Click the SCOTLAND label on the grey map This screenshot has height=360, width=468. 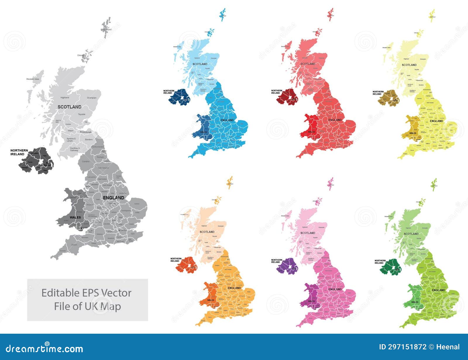pyautogui.click(x=69, y=107)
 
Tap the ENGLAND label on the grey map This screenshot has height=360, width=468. pyautogui.click(x=113, y=198)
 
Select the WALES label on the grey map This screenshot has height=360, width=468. pyautogui.click(x=75, y=217)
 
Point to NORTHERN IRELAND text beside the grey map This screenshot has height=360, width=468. pyautogui.click(x=19, y=152)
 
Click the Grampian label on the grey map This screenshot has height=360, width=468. pyautogui.click(x=92, y=98)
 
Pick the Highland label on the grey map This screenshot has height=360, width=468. pyautogui.click(x=65, y=98)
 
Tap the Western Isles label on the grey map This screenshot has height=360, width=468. pyautogui.click(x=32, y=79)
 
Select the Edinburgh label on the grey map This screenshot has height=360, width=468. pyautogui.click(x=86, y=132)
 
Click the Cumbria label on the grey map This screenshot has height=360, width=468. pyautogui.click(x=86, y=162)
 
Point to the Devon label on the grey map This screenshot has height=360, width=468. pyautogui.click(x=74, y=245)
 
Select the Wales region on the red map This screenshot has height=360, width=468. pyautogui.click(x=311, y=126)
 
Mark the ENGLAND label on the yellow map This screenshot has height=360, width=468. pyautogui.click(x=436, y=121)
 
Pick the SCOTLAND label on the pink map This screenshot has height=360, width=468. pyautogui.click(x=308, y=233)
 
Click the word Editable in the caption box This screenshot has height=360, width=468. pyautogui.click(x=60, y=293)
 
